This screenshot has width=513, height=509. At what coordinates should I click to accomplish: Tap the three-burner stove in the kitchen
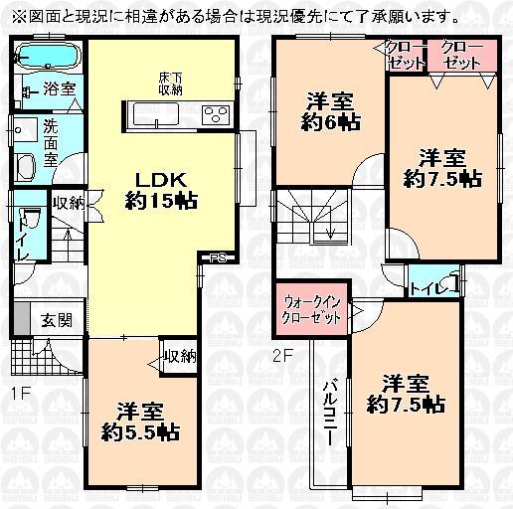point(215,114)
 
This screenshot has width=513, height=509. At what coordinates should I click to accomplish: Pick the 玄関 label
point(56,320)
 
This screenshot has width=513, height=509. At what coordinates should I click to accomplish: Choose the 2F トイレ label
point(430,287)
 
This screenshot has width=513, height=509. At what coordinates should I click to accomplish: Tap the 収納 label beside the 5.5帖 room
point(179,355)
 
